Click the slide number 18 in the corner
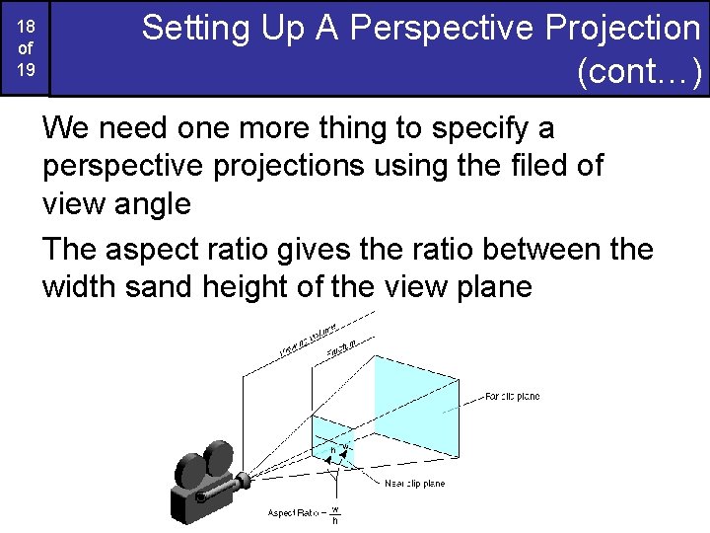coord(27,28)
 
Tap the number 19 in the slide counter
coord(27,70)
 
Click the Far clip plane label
coord(512,397)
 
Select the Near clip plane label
coord(414,483)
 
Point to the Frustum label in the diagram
coord(341,348)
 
